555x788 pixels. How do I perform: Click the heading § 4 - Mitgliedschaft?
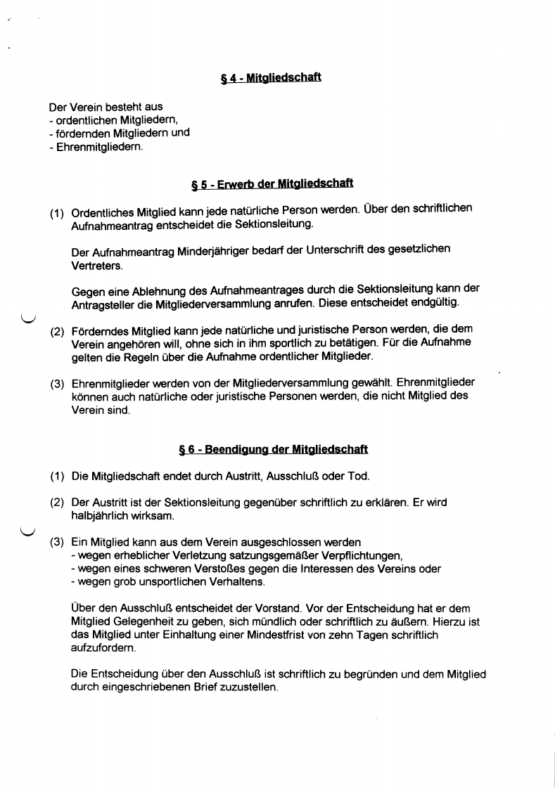tap(271, 77)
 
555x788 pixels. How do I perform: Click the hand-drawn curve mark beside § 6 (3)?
tap(27, 531)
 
